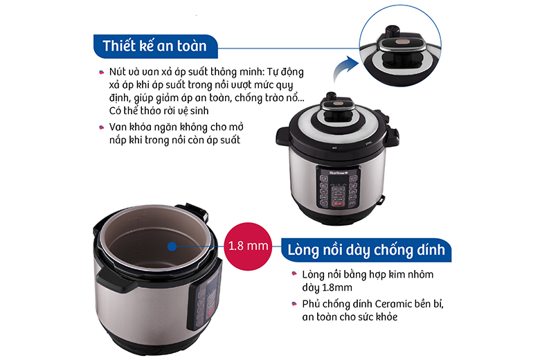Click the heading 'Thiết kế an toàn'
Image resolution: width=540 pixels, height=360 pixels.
pos(154,46)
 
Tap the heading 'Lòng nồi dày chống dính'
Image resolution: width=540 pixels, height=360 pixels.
pos(366,250)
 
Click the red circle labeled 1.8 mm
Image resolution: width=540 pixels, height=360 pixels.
pos(248,246)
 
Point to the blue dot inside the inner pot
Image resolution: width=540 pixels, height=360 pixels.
pos(172,246)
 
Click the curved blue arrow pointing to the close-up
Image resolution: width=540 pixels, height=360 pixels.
pos(344,68)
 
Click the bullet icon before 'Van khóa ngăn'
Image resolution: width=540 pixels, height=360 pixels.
pos(101,127)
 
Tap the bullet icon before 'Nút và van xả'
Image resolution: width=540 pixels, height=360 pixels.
pos(101,72)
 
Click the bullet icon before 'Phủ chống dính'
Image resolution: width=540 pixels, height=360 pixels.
pos(294,304)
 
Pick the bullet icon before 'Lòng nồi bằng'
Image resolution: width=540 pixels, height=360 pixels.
pos(294,273)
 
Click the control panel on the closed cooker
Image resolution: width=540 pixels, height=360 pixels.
pos(338,188)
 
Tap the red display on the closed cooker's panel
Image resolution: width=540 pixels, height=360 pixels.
pos(338,204)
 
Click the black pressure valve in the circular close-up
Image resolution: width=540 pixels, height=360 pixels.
pos(393,31)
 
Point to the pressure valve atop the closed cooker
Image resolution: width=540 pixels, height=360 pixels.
pos(331,96)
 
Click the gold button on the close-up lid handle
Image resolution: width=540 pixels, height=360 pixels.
pos(402,42)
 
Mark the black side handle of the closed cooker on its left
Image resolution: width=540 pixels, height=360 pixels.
pos(282,136)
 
